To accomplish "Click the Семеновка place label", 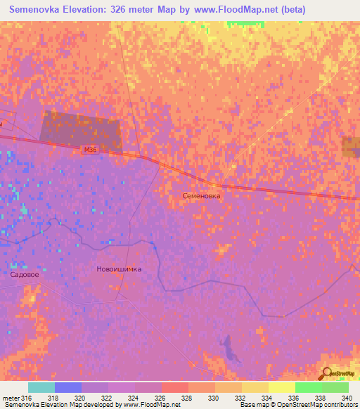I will click(201, 197).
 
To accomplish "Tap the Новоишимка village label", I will click(118, 269).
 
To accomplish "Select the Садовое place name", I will click(25, 275).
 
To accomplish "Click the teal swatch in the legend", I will click(41, 387).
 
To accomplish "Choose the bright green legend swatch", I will click(309, 387).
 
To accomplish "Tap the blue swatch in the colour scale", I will click(68, 387).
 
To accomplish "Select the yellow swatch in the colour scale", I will click(282, 387).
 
